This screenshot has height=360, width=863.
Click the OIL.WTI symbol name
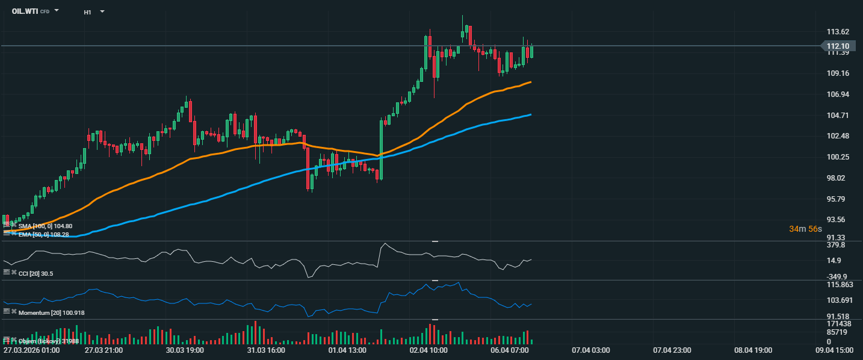pos(25,11)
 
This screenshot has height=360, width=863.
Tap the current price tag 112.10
pos(838,46)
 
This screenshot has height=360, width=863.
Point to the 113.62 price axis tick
pos(838,32)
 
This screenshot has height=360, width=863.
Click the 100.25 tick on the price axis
pos(838,157)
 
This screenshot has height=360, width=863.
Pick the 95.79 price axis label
pos(838,199)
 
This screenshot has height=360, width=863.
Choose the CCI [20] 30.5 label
pos(36,273)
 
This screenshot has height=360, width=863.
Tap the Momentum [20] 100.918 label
pos(51,313)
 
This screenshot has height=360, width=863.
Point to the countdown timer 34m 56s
pos(806,229)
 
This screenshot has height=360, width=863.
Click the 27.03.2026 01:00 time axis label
pos(31,350)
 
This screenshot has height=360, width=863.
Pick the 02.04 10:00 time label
pos(428,350)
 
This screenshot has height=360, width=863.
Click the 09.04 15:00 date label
pos(834,350)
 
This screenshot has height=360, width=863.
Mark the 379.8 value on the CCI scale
pos(836,246)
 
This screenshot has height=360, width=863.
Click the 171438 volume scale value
pos(838,324)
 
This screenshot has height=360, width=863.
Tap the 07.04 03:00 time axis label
pos(591,350)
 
